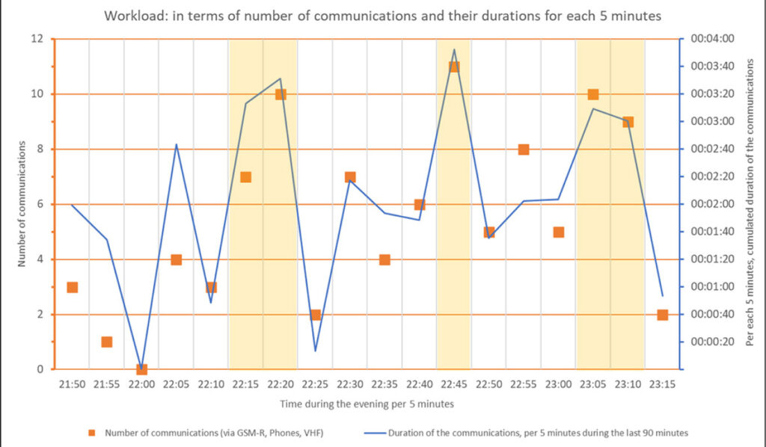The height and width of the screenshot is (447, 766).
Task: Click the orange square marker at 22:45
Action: pos(454,67)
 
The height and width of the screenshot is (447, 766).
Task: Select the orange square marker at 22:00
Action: pos(141,369)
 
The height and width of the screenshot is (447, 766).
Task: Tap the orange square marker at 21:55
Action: pos(107,342)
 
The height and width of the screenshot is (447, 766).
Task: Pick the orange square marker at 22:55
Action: pos(524,149)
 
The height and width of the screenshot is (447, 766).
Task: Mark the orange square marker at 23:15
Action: pos(662,315)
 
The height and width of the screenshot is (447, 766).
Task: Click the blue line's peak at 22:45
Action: pos(454,49)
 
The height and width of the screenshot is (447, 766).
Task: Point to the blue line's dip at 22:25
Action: pos(315,351)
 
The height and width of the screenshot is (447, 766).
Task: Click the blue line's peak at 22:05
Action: pos(177,144)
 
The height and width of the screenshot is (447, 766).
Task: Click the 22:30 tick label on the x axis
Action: pos(349,385)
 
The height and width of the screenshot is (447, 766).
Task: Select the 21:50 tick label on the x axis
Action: pos(72,385)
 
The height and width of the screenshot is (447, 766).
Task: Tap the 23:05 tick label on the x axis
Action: pos(592,385)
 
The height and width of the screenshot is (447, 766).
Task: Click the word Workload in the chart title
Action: pos(132,16)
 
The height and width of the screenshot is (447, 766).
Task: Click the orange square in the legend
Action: pos(92,432)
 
